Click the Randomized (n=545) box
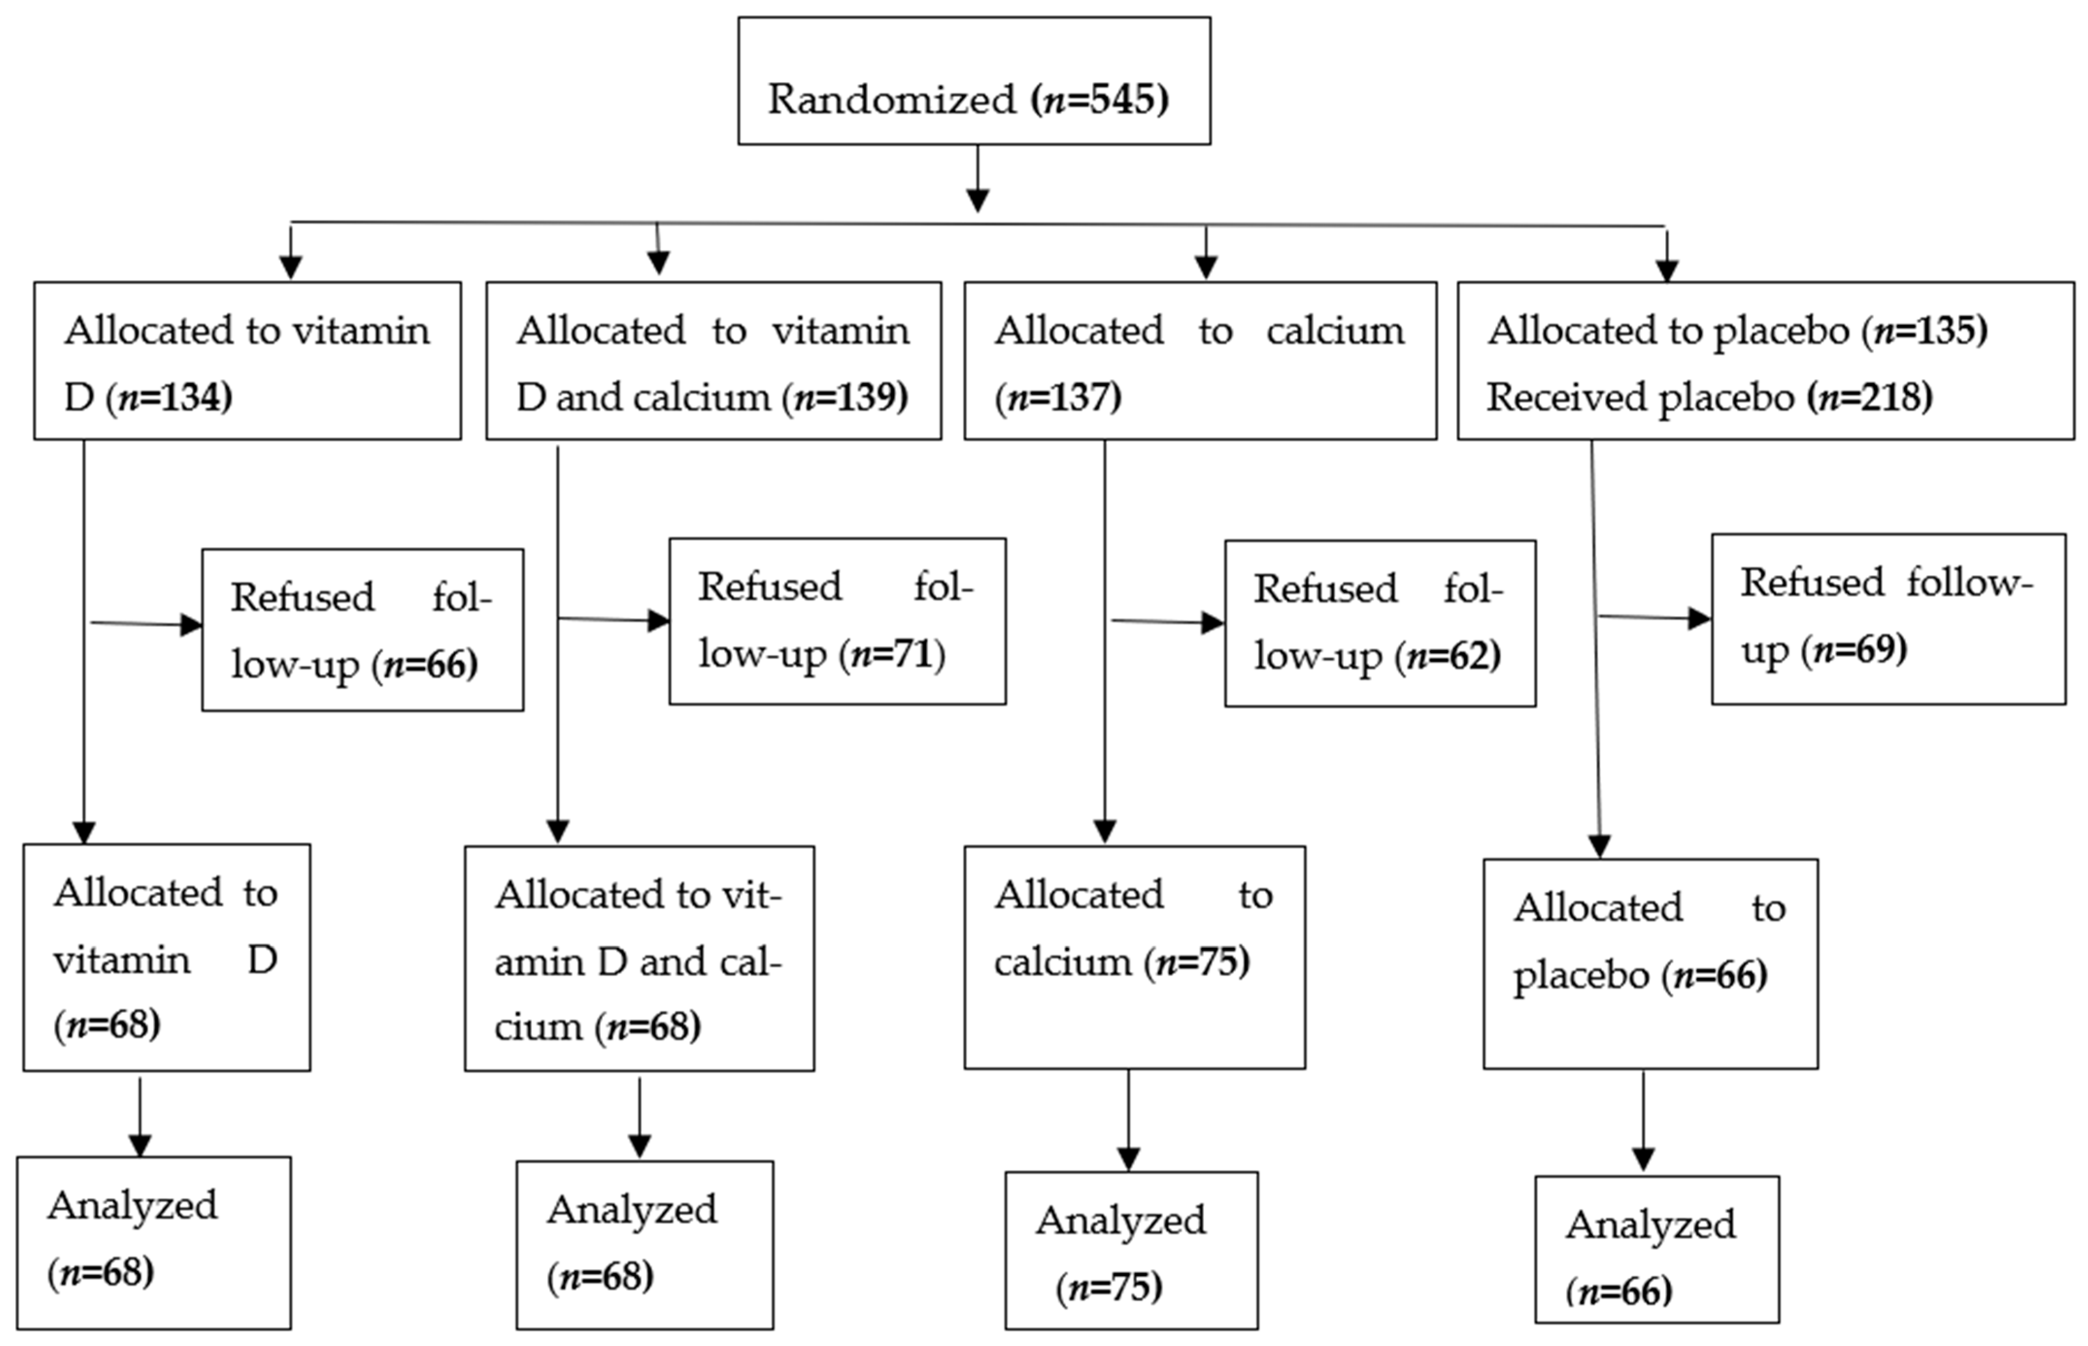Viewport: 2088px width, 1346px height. [x=974, y=81]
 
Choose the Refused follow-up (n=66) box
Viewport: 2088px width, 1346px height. [x=363, y=629]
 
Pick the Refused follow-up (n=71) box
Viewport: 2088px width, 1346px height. [x=837, y=620]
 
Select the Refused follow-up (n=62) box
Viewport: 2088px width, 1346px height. [x=1379, y=622]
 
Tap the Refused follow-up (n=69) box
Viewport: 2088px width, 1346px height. [x=1888, y=619]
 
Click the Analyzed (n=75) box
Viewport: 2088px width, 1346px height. [x=1131, y=1250]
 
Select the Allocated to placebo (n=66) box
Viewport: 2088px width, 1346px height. [x=1650, y=963]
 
